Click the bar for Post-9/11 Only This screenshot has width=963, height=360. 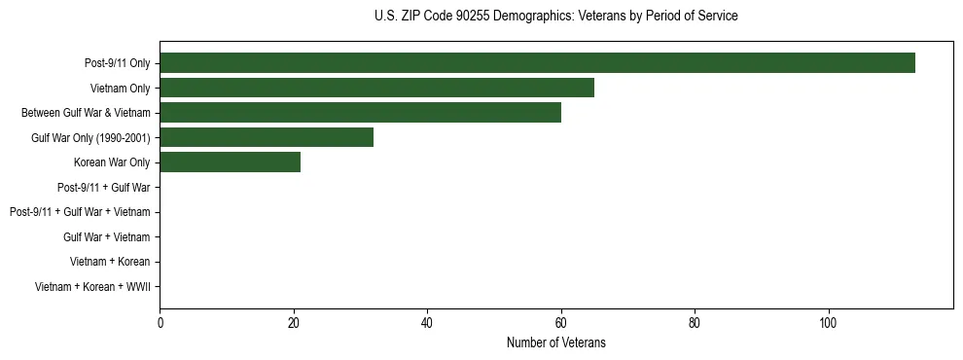point(537,63)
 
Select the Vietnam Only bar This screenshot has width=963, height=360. point(376,89)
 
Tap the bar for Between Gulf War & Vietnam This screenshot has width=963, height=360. point(360,113)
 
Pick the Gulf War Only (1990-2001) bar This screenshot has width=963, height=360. point(267,137)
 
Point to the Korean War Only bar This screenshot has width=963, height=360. point(230,162)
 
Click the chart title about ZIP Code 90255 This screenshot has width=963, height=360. point(555,17)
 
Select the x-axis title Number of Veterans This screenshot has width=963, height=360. point(555,342)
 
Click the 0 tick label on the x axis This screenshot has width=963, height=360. point(160,322)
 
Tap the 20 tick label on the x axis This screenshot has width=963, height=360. point(294,322)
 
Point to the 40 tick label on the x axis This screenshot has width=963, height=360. point(427,322)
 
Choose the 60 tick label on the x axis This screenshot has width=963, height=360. point(561,322)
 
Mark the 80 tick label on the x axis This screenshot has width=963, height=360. point(695,322)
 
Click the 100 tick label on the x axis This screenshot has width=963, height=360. point(828,322)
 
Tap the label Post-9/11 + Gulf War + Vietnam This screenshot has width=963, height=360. point(80,212)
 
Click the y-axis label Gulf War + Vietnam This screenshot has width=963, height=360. point(107,236)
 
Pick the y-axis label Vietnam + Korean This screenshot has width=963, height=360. point(110,262)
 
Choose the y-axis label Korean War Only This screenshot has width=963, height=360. point(112,162)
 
